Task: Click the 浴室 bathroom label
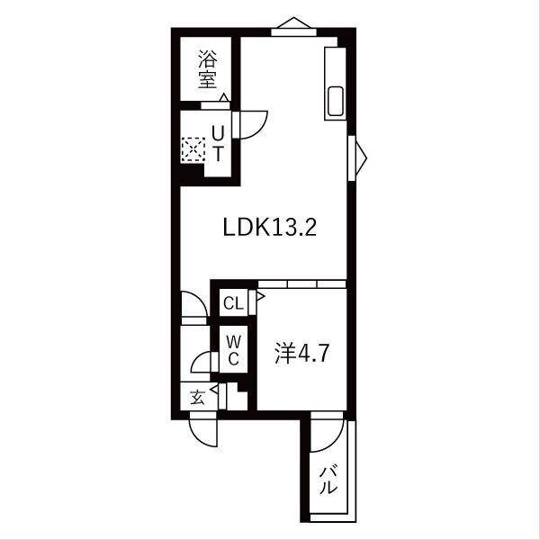pyautogui.click(x=209, y=69)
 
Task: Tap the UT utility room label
pyautogui.click(x=217, y=142)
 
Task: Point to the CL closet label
pyautogui.click(x=233, y=303)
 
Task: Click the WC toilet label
pyautogui.click(x=232, y=349)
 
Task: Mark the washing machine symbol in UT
pyautogui.click(x=193, y=148)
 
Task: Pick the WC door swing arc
pyautogui.click(x=202, y=362)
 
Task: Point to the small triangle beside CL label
pyautogui.click(x=259, y=293)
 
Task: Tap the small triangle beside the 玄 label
pyautogui.click(x=214, y=391)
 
